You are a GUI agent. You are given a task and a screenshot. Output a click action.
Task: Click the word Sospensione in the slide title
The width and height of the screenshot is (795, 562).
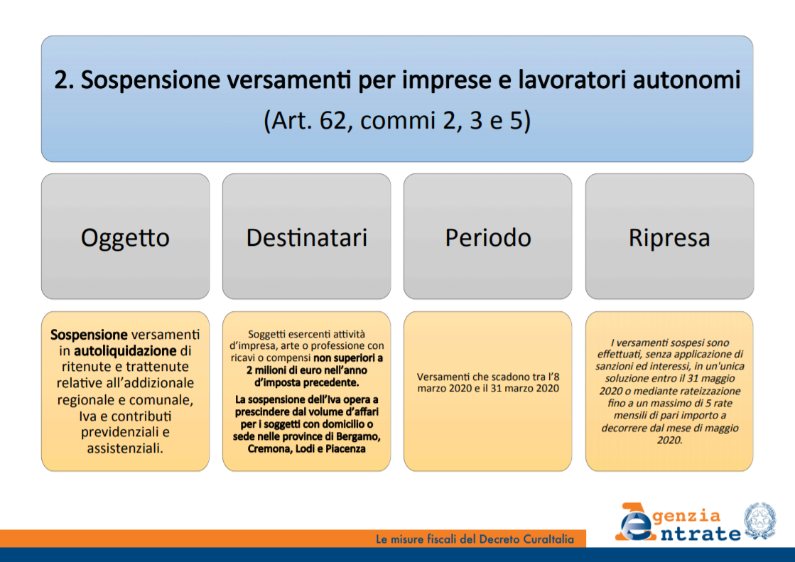[x=150, y=80]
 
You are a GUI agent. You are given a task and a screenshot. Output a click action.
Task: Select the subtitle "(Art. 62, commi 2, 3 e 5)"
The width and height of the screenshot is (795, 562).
[x=397, y=121]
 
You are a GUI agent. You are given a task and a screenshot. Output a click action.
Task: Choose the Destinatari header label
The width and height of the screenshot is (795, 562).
[x=307, y=237]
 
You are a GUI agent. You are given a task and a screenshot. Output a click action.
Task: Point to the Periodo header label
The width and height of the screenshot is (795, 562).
[x=488, y=237]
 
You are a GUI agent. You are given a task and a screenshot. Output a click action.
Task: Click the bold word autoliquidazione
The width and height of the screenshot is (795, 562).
[x=125, y=351]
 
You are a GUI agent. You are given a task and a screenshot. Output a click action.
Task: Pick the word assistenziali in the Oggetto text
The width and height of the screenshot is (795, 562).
[x=125, y=448]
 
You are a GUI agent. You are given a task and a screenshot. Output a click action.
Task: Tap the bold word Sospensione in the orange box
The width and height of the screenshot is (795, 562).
[x=89, y=335]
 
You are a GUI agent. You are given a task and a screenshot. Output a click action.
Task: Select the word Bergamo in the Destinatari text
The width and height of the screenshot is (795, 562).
[x=360, y=437]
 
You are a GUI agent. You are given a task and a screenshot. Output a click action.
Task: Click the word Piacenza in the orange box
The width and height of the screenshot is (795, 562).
[x=345, y=449]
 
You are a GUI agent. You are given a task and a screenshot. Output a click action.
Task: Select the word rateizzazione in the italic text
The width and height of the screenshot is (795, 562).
[x=705, y=391]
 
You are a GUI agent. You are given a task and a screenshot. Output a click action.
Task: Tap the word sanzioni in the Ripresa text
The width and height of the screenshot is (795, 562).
[x=614, y=366]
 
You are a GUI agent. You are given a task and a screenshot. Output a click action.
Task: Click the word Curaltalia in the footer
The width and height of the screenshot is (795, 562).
[x=548, y=539]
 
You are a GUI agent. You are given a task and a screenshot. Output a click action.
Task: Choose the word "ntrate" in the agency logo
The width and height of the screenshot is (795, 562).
[x=701, y=534]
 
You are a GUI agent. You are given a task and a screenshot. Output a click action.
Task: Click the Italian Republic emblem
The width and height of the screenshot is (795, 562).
[x=759, y=521]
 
